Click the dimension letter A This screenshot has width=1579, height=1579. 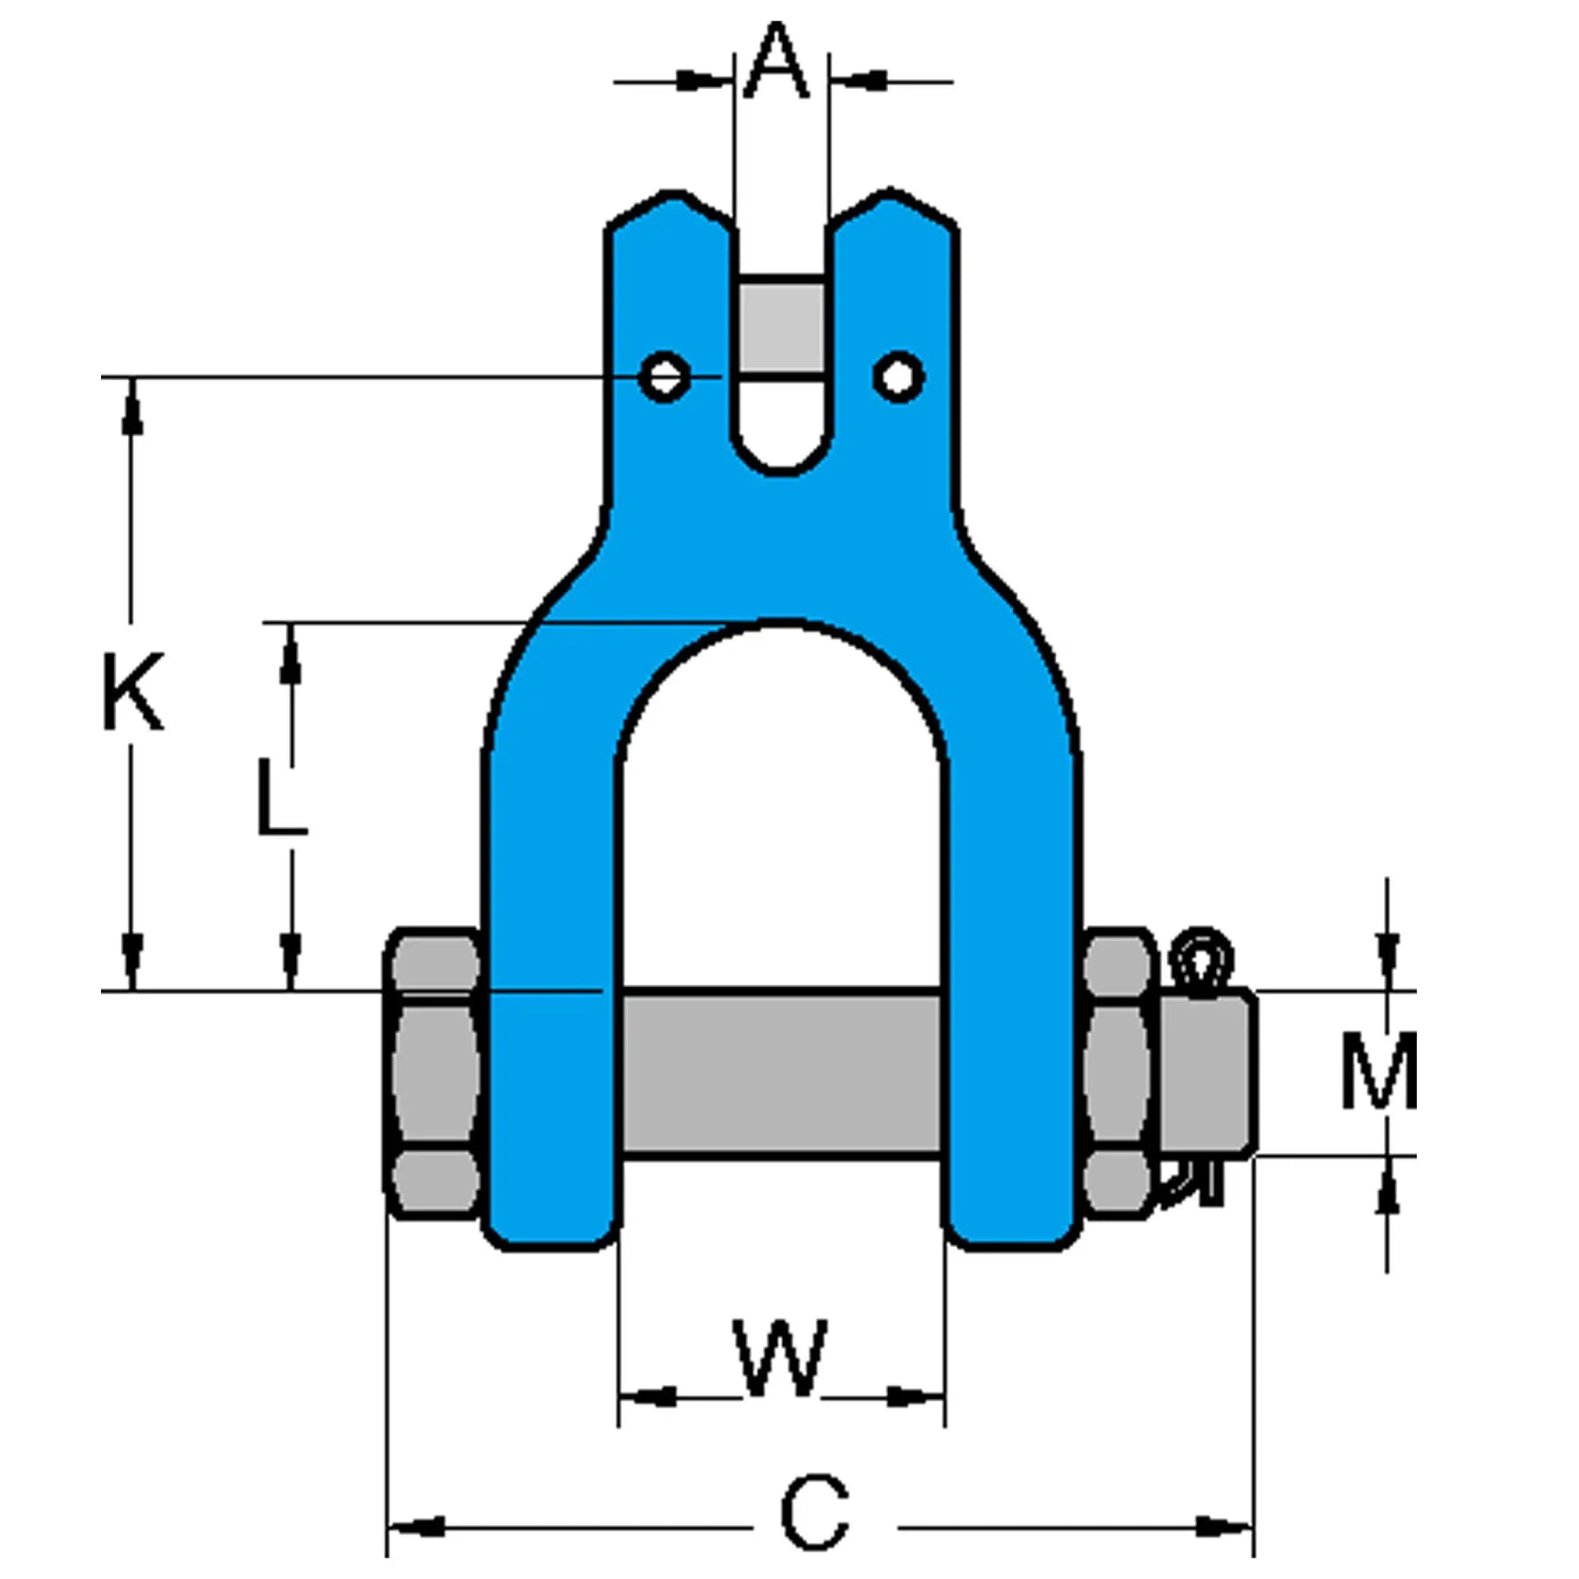(x=776, y=62)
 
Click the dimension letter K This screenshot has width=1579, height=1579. (x=132, y=691)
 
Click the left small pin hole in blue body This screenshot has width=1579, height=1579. (x=664, y=377)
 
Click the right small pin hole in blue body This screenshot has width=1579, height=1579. (x=898, y=377)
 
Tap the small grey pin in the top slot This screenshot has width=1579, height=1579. (x=780, y=327)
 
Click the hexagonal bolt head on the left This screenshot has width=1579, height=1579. (x=433, y=1074)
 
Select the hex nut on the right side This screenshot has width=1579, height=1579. (x=1117, y=1074)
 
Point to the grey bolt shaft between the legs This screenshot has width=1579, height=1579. (x=781, y=1074)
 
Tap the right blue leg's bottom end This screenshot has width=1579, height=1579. (x=1013, y=1225)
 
